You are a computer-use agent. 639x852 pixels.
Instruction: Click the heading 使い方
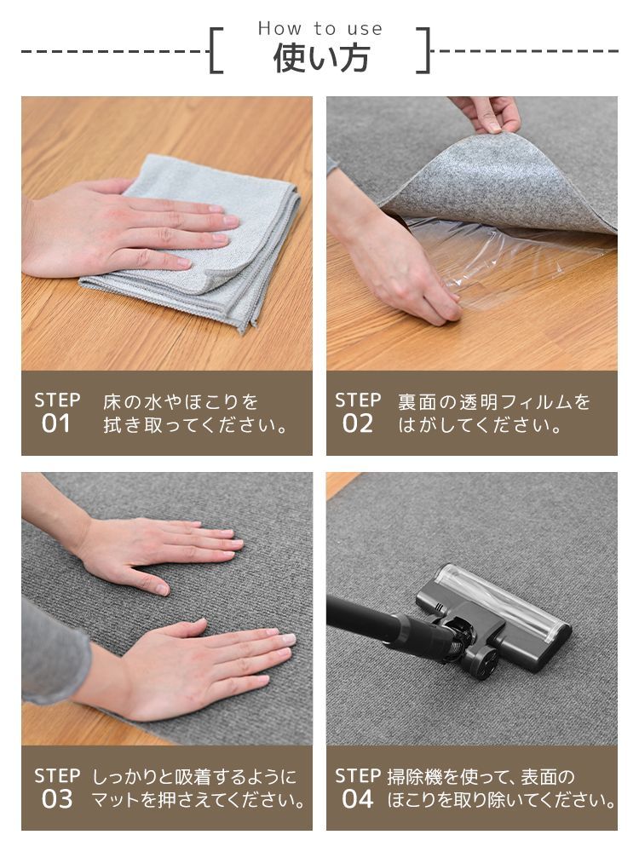coord(321,58)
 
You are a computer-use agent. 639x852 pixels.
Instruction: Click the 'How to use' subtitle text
coord(320,28)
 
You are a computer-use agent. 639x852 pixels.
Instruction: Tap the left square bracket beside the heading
coord(216,50)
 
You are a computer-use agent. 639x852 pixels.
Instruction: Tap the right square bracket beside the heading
coord(423,50)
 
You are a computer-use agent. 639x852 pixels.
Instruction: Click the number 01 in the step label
coord(56,423)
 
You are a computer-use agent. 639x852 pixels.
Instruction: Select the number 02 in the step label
coord(357,423)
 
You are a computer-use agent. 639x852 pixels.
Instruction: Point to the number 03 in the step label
coord(56,799)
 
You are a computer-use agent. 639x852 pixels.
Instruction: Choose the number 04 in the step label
coord(357,799)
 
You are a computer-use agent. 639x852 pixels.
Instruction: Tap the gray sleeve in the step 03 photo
coord(52,652)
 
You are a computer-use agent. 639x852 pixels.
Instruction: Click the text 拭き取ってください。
coord(196,425)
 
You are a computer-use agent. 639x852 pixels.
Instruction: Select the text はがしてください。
coord(481,425)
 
